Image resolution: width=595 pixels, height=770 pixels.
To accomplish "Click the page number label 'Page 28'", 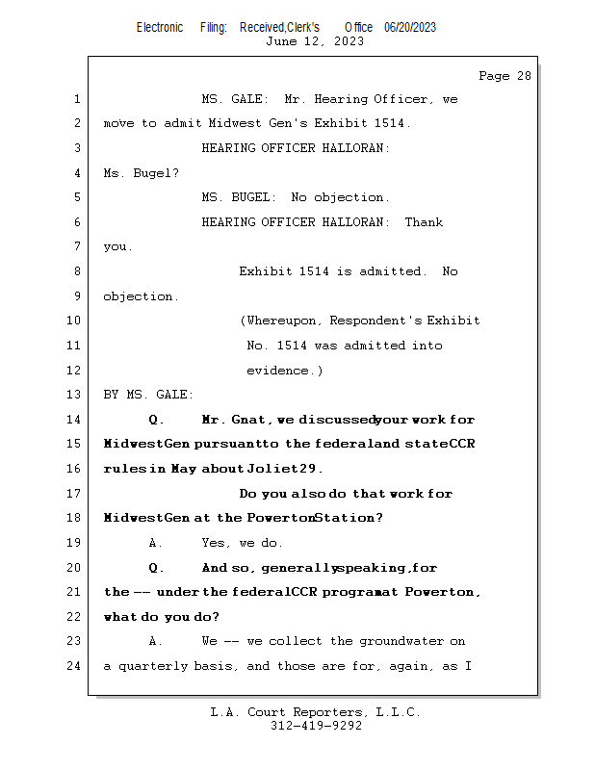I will tap(504, 76).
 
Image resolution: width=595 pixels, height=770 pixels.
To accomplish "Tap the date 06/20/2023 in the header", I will tap(410, 28).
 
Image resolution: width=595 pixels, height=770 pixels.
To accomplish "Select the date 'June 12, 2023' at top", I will tap(315, 41).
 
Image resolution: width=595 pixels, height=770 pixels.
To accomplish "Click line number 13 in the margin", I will tap(75, 395).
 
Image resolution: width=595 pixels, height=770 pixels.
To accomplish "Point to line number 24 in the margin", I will tap(75, 666).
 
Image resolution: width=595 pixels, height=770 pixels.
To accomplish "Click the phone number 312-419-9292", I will tap(316, 727).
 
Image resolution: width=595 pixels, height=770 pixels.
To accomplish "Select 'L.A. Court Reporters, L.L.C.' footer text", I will tap(315, 712).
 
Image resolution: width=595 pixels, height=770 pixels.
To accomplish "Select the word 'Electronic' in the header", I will tap(160, 28).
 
